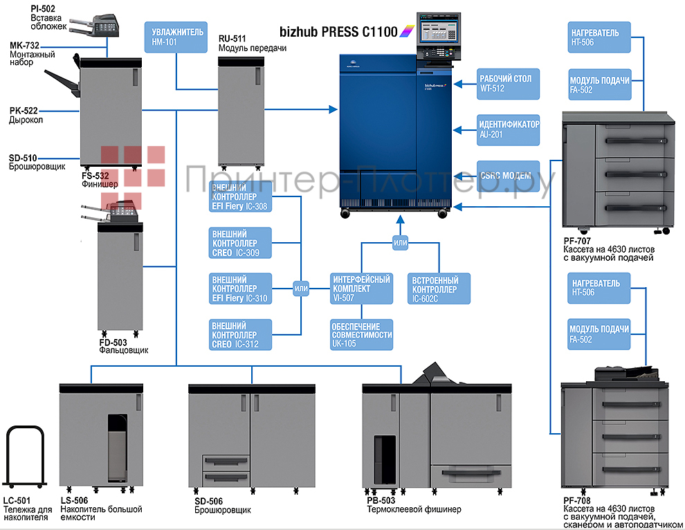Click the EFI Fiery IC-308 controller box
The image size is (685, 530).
[x=239, y=197]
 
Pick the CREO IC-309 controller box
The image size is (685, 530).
[x=239, y=244]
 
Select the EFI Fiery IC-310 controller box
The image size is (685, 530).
[x=239, y=289]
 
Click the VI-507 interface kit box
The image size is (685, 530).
[x=361, y=289]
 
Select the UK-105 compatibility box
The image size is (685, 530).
[x=361, y=335]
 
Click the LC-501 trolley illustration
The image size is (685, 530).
[x=26, y=457]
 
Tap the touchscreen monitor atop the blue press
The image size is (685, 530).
[x=435, y=28]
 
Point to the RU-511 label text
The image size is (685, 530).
[x=234, y=39]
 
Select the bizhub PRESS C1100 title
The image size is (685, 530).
[x=338, y=32]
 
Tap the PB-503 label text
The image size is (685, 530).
[x=381, y=500]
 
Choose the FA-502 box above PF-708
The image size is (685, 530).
[x=599, y=334]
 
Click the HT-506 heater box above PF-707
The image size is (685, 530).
[x=599, y=37]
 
